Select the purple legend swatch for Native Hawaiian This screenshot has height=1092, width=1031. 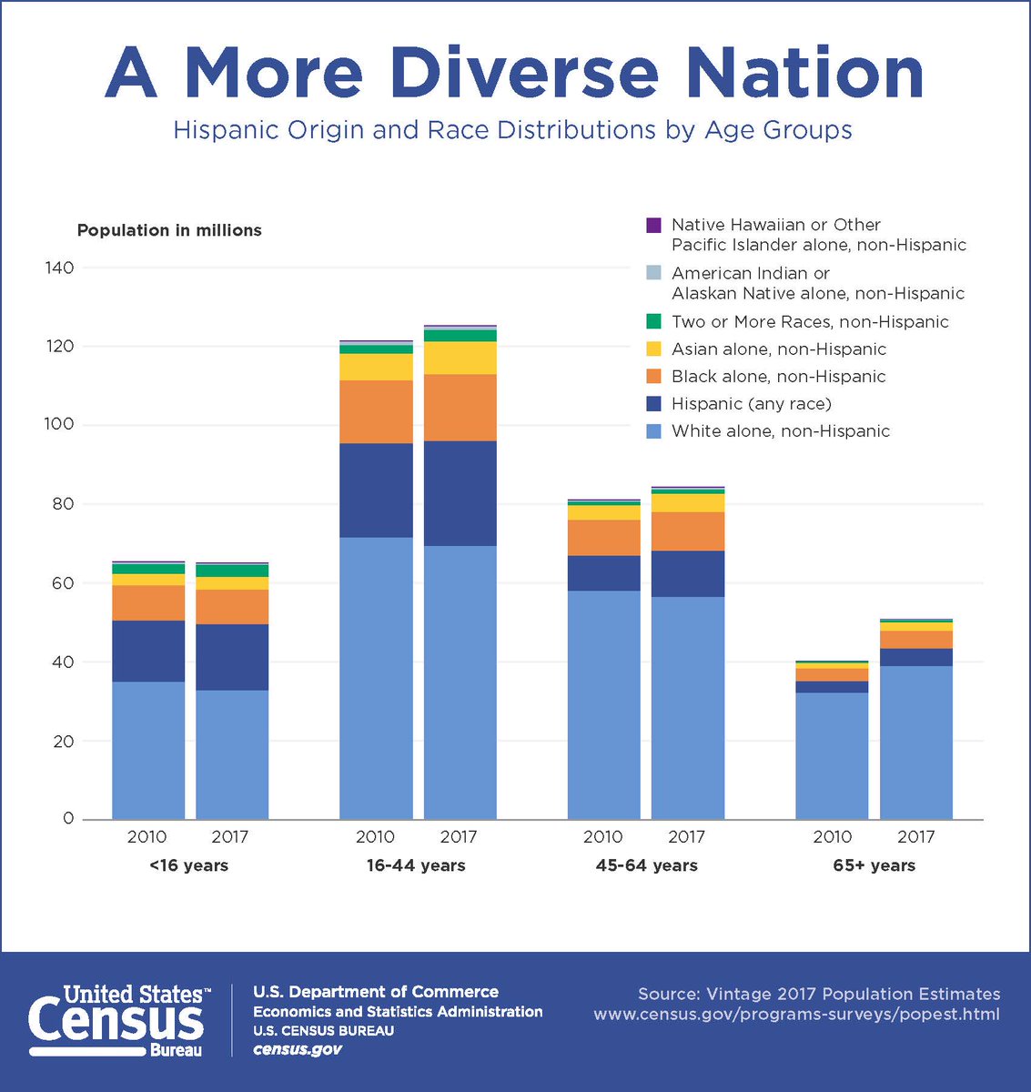click(652, 225)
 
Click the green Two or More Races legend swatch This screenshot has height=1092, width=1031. click(652, 321)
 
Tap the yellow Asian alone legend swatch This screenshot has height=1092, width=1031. click(652, 349)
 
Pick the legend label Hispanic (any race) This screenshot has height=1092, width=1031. click(751, 403)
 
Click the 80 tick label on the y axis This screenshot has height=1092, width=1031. click(62, 504)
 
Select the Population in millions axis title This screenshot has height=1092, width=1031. click(169, 230)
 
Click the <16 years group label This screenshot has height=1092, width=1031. click(188, 865)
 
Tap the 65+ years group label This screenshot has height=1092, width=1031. click(874, 865)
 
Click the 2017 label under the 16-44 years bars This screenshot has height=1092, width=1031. click(459, 836)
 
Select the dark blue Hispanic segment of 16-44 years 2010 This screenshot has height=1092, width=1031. click(376, 490)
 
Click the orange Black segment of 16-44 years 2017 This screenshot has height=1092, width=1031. click(460, 408)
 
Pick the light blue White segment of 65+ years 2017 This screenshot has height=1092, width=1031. click(915, 742)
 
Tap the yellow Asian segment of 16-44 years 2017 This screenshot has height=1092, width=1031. click(460, 358)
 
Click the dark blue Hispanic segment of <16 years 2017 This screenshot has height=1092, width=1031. click(232, 657)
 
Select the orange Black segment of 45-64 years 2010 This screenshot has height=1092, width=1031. click(603, 538)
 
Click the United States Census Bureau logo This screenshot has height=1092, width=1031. click(119, 1019)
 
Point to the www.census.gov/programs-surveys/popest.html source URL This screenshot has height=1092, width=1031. click(796, 1014)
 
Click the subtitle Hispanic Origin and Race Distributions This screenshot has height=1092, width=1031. click(512, 130)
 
